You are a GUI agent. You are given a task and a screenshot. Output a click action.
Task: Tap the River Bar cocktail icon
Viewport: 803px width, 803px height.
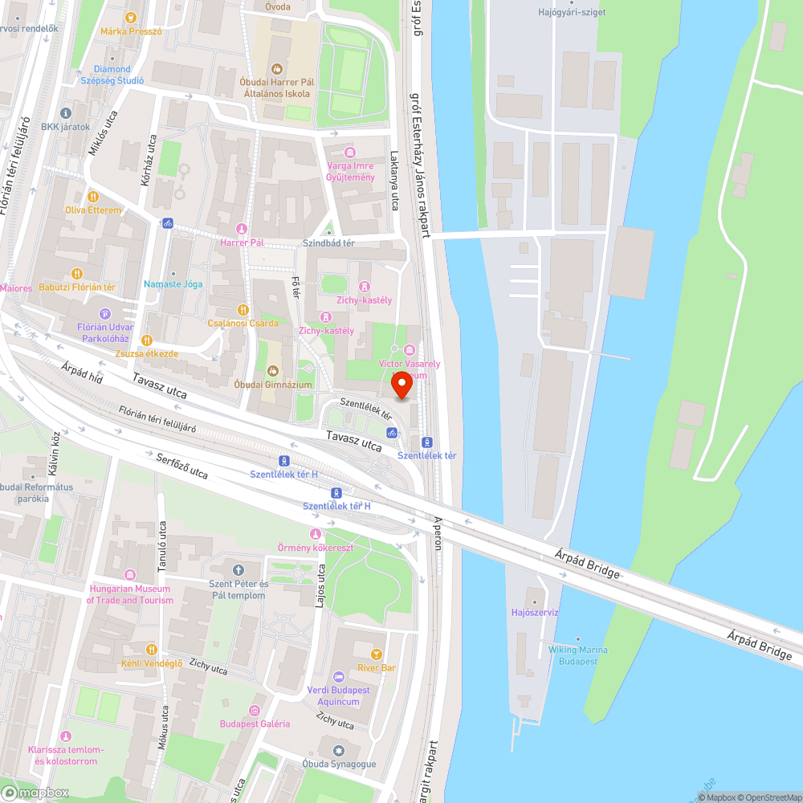(x=376, y=654)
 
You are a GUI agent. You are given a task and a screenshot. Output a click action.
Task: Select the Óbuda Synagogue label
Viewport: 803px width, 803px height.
(x=339, y=764)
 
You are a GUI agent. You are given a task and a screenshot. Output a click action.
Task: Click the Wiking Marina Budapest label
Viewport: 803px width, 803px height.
(x=578, y=655)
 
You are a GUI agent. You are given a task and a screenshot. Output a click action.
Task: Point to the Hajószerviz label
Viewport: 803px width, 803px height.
(x=534, y=612)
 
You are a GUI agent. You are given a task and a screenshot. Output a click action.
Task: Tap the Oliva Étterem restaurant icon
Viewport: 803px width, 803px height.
(x=93, y=196)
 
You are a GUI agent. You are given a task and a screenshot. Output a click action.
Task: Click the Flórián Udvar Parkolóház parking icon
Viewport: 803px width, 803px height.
(x=104, y=314)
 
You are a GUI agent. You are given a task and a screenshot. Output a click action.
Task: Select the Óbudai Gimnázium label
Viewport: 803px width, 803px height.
(x=272, y=384)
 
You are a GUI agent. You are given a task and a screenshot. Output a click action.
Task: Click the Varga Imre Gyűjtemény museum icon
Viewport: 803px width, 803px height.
(x=349, y=153)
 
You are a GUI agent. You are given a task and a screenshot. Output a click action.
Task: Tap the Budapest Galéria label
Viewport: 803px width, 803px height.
(x=255, y=724)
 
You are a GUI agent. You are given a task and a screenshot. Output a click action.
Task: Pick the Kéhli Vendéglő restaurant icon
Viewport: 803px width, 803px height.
(x=151, y=649)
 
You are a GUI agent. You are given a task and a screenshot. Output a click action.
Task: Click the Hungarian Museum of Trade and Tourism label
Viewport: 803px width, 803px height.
(x=130, y=595)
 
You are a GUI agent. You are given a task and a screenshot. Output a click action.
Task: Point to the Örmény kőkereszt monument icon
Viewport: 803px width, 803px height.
(x=315, y=535)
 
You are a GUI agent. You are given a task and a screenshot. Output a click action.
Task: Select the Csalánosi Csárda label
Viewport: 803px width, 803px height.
(x=243, y=323)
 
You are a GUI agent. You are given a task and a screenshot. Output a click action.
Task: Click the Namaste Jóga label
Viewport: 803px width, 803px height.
(x=173, y=284)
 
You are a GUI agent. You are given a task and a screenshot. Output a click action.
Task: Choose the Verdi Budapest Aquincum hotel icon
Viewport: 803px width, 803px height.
(x=338, y=677)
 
